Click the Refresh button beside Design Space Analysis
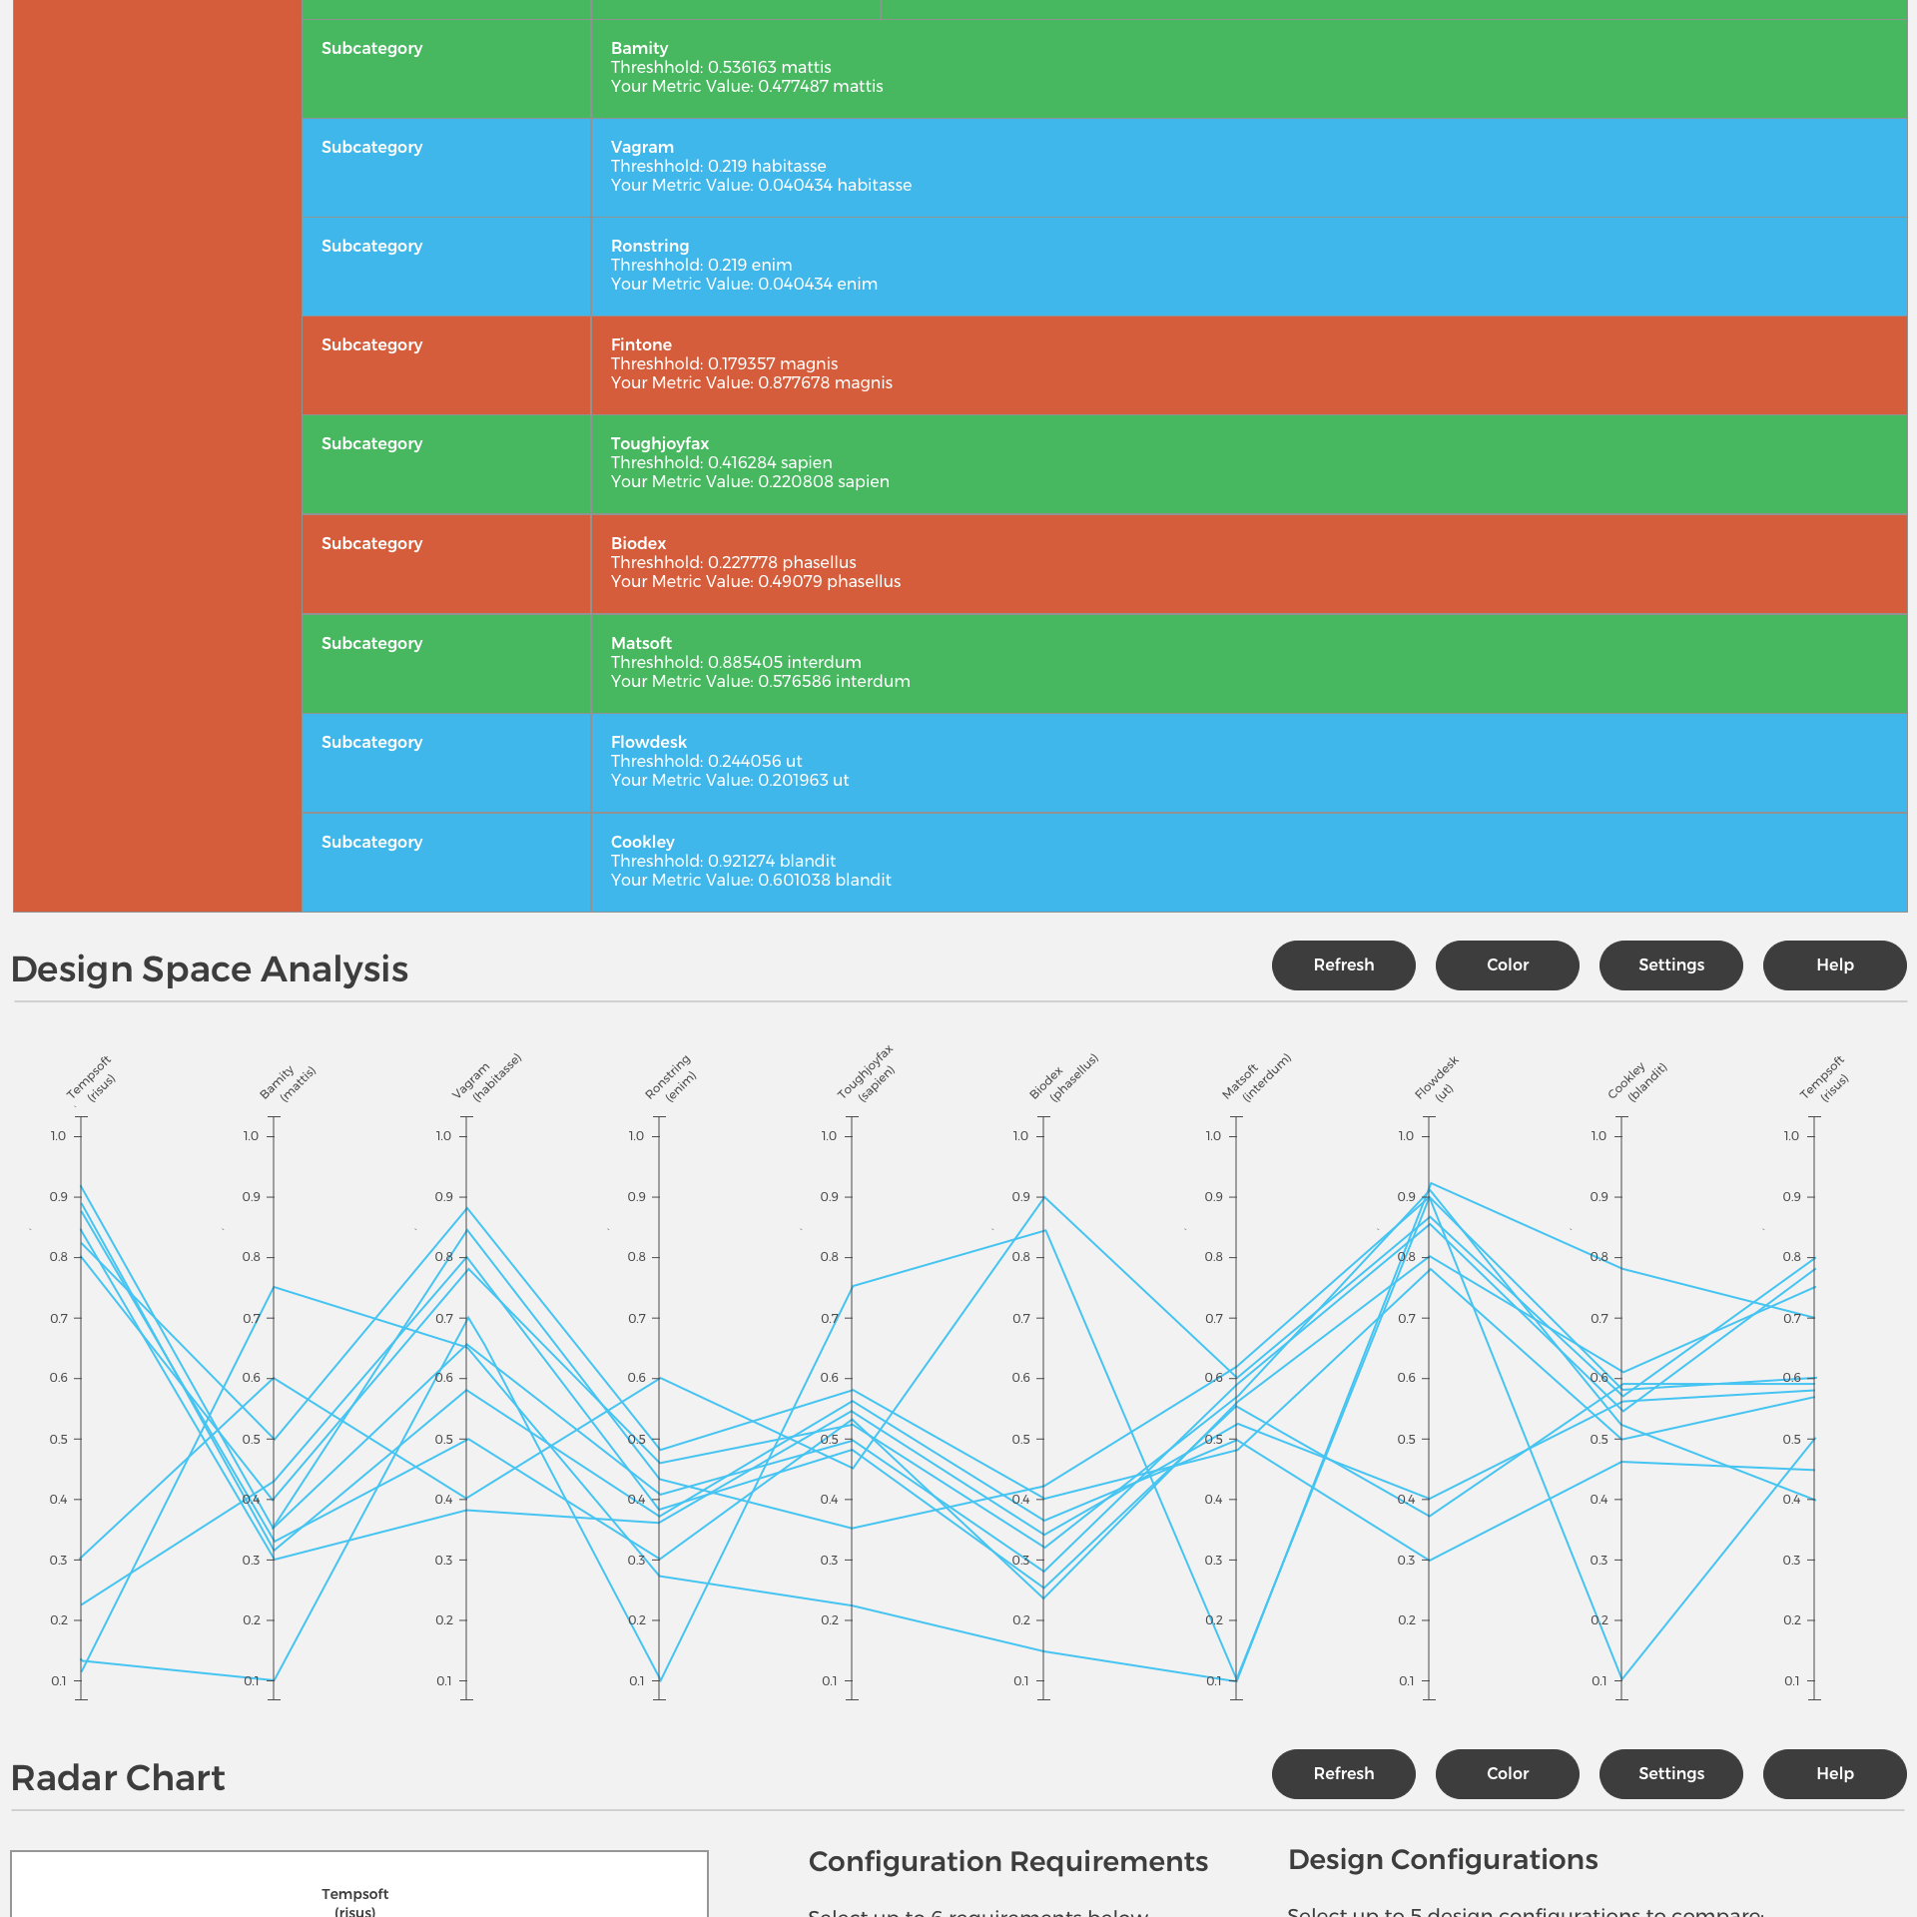point(1343,964)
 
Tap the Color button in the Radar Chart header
point(1507,1773)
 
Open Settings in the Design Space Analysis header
point(1670,964)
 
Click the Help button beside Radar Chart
point(1834,1773)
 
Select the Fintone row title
point(641,344)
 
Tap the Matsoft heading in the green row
point(641,643)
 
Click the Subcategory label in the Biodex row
point(371,543)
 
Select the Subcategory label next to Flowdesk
point(371,742)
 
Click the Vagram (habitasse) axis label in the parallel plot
point(486,1077)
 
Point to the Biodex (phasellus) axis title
point(1063,1077)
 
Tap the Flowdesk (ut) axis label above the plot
point(1437,1078)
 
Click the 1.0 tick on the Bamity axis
point(252,1136)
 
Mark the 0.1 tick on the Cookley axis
point(1599,1681)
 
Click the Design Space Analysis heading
point(210,969)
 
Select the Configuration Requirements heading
point(1007,1861)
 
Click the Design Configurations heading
point(1443,1859)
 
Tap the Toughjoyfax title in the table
point(660,443)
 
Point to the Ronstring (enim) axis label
point(671,1078)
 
